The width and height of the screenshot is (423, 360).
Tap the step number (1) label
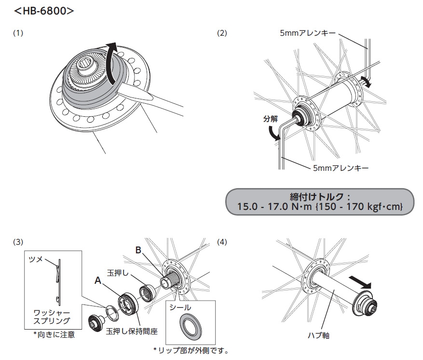18,33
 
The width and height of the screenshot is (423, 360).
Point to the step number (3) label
18,240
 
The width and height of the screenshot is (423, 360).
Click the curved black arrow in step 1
112,65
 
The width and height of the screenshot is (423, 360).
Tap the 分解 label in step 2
271,119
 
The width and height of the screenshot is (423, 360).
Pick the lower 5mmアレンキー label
341,168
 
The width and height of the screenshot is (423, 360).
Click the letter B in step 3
138,251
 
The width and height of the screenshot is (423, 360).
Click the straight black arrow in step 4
361,280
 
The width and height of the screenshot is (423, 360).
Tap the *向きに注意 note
54,334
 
